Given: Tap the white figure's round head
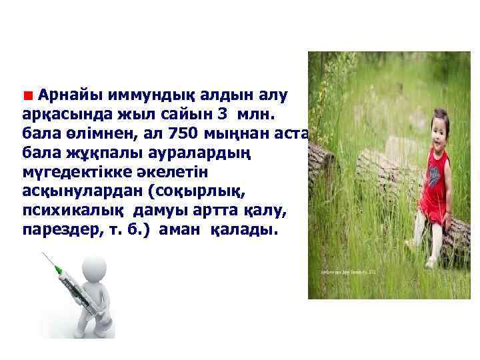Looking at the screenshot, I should pyautogui.click(x=94, y=269).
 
